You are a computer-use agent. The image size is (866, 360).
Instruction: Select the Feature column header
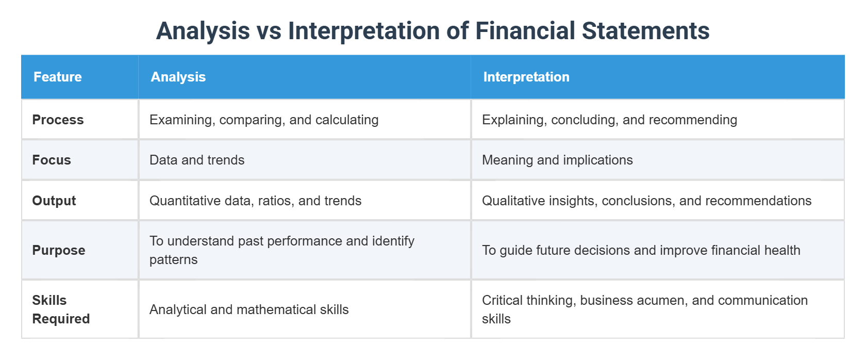tap(58, 77)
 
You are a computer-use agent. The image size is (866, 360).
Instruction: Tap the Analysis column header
tap(178, 77)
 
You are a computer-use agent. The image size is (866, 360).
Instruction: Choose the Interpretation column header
tap(526, 77)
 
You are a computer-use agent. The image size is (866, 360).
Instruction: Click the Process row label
tap(58, 120)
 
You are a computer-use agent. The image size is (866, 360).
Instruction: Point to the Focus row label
tap(52, 160)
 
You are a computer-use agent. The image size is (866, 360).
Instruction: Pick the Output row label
tap(54, 201)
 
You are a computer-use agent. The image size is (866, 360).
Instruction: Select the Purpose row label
tap(59, 250)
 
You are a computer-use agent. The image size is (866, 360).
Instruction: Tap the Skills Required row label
tap(61, 309)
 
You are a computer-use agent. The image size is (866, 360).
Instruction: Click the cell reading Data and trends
tap(197, 160)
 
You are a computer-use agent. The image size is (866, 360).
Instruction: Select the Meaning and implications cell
tap(557, 160)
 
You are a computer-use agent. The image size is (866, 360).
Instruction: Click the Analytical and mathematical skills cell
tap(249, 309)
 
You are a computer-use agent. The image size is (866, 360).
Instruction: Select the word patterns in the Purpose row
tap(174, 259)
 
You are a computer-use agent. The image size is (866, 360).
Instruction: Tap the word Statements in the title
tap(646, 30)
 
